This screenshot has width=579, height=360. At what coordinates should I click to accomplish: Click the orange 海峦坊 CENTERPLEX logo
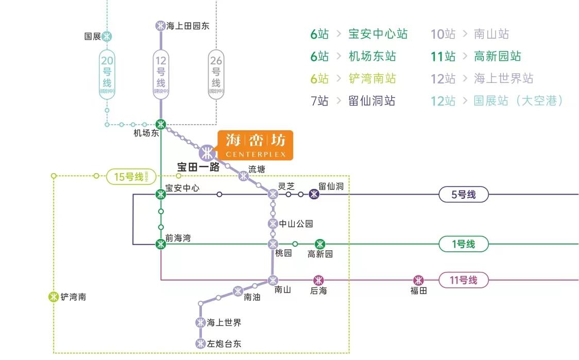coord(255,145)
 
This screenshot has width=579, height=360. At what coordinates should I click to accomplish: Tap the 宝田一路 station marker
coord(207,153)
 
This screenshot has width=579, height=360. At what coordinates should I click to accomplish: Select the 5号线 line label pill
coord(463,195)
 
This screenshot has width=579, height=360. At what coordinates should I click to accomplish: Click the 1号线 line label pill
coord(463,244)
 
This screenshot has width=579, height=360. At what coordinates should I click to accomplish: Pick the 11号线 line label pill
coord(463,281)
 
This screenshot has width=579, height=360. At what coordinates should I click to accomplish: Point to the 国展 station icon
coord(107,37)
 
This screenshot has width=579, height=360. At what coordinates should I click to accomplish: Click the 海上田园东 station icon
coord(161,26)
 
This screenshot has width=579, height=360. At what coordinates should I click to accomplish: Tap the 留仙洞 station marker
coord(314,194)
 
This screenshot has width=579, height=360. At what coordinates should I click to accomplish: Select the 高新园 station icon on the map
coord(320,244)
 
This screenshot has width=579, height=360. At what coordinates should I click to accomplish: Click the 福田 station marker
coord(419,280)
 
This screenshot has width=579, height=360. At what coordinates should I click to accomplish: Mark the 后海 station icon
coord(319,280)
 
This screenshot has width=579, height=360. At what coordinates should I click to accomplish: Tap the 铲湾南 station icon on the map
coord(54,297)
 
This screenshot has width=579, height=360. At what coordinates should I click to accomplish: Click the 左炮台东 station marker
coord(200,344)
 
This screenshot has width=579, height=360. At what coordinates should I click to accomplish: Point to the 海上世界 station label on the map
coord(224,323)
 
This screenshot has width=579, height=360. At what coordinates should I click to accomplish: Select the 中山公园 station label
coord(296,224)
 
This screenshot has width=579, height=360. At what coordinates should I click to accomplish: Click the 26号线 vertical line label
coord(216,74)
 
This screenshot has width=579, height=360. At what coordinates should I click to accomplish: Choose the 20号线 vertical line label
coord(107,74)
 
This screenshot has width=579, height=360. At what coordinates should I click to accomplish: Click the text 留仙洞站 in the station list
coord(372,100)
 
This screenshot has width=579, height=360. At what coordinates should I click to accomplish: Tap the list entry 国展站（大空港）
coord(518,100)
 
